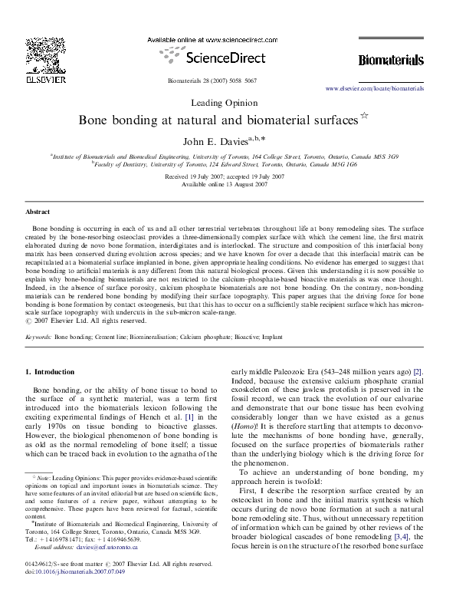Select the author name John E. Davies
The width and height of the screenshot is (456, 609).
220,141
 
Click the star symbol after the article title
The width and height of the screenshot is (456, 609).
365,117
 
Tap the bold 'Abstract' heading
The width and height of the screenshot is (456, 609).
38,211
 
